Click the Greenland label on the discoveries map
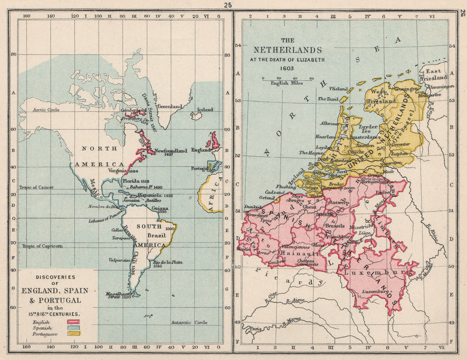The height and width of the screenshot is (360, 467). coord(169,106)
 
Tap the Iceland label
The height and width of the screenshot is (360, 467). coord(205,110)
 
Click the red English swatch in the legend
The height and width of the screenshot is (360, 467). coord(74,322)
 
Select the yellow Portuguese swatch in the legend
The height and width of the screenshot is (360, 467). coord(74,335)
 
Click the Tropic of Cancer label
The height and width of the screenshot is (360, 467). coord(36,188)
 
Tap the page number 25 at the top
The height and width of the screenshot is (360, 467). coord(227,5)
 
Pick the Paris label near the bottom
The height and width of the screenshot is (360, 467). coord(255,328)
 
